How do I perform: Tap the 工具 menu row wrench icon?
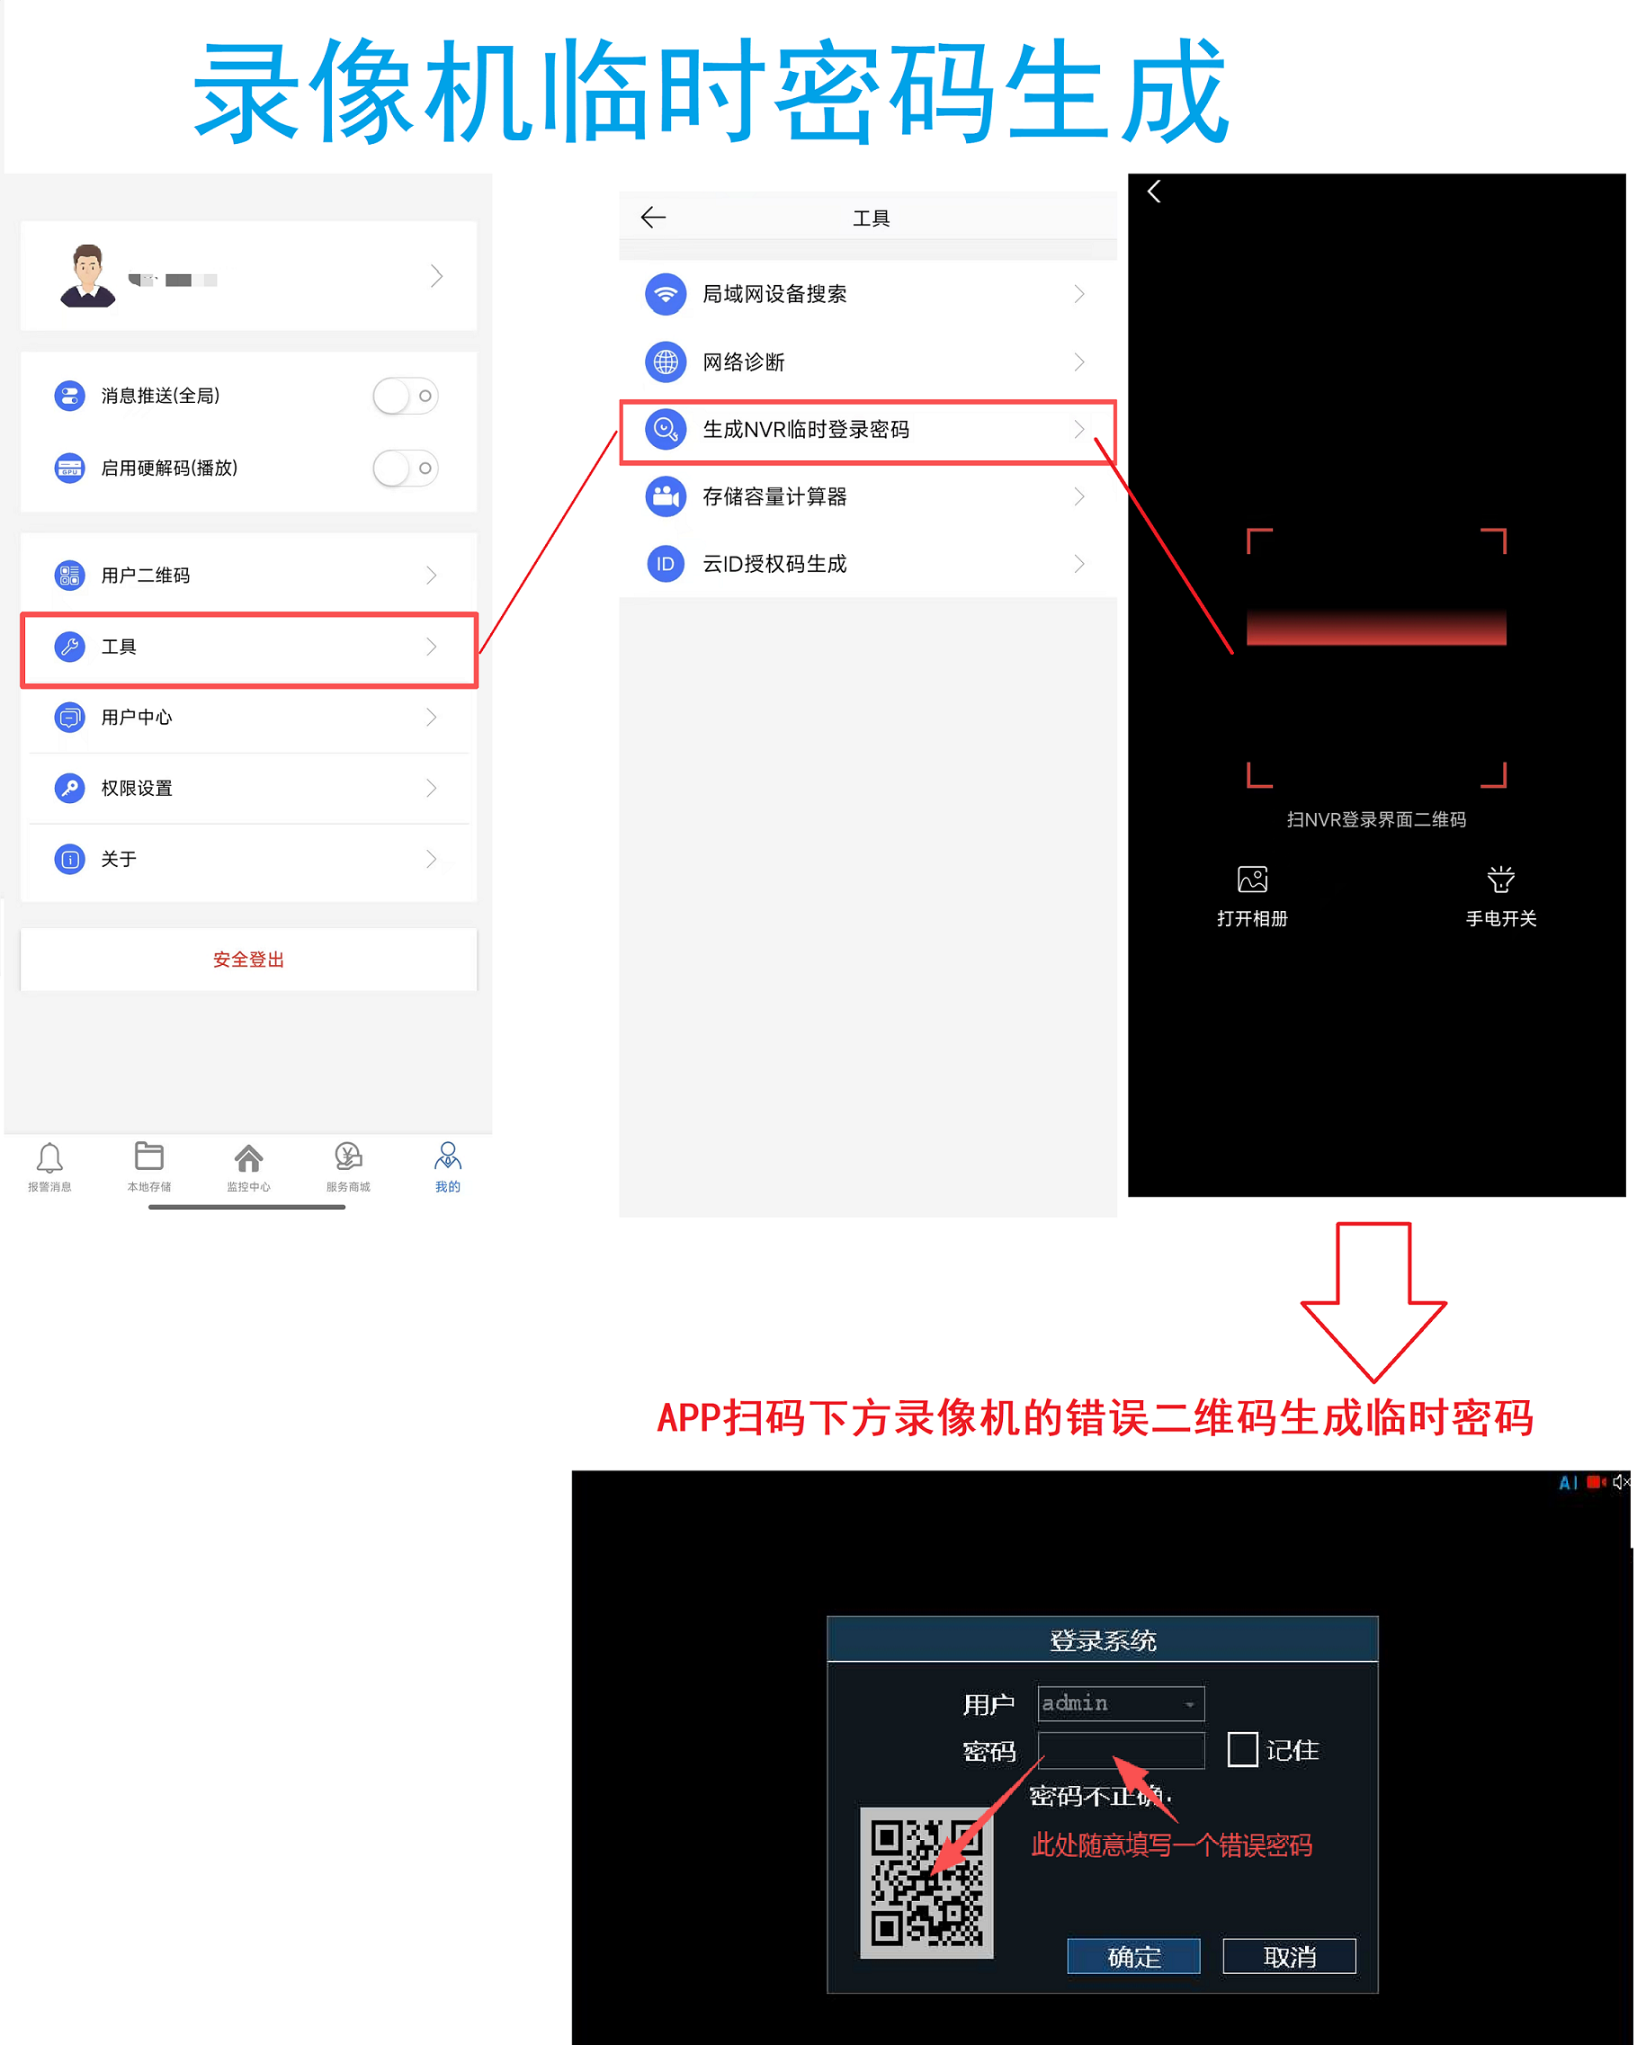tap(69, 647)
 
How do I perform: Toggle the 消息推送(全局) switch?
tap(405, 396)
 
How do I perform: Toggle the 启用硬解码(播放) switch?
tap(405, 468)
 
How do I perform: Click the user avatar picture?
tap(87, 276)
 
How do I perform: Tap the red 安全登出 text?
tap(248, 959)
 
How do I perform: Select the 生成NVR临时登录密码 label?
tap(805, 430)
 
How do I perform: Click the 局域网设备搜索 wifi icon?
tap(666, 294)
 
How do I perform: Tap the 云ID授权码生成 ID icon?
tap(666, 565)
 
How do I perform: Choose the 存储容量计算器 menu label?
tap(774, 497)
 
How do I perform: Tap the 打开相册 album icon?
tap(1252, 880)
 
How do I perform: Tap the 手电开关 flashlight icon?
tap(1500, 880)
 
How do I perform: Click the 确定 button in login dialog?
tap(1133, 1956)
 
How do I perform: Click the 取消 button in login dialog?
tap(1289, 1956)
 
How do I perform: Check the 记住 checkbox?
tap(1242, 1749)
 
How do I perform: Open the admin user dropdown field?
tap(1120, 1703)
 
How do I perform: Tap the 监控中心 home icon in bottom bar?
tap(248, 1158)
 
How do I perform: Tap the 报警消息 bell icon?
tap(49, 1158)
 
